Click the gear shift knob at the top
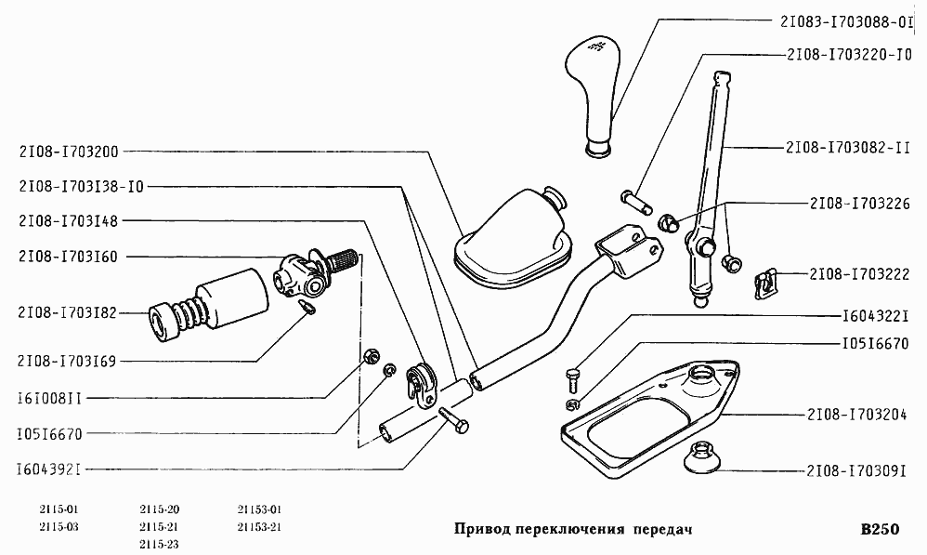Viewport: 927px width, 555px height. click(x=595, y=91)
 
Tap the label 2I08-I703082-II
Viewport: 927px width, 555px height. click(x=846, y=147)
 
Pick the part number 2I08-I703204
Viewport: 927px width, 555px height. click(x=855, y=415)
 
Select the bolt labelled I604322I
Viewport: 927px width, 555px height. click(x=571, y=378)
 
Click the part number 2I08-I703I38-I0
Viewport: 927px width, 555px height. click(x=81, y=185)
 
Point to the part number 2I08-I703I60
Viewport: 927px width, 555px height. click(x=68, y=257)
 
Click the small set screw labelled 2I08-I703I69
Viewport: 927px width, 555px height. click(x=308, y=306)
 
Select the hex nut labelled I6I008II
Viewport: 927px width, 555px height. click(x=369, y=354)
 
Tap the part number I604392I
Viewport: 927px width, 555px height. click(x=49, y=469)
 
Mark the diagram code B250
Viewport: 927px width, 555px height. click(x=880, y=530)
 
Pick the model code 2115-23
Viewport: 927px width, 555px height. click(x=160, y=544)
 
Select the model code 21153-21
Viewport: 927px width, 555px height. click(x=259, y=526)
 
